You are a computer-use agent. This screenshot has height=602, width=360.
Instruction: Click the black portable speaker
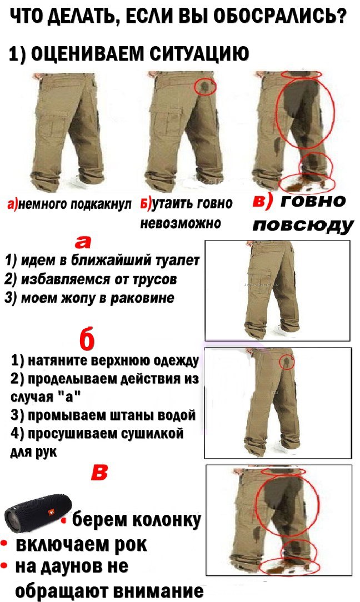(x=38, y=513)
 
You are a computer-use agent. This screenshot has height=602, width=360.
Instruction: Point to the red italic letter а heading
(x=84, y=243)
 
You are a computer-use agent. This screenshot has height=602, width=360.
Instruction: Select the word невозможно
(x=180, y=224)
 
